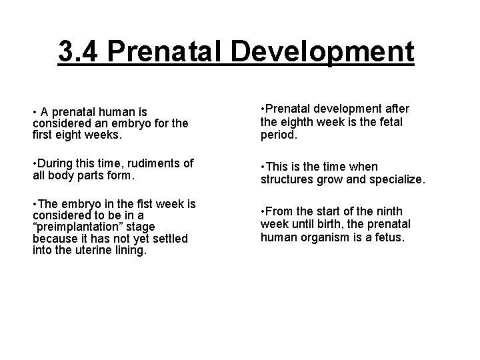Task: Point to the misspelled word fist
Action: coord(122,203)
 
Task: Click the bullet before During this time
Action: coord(35,164)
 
